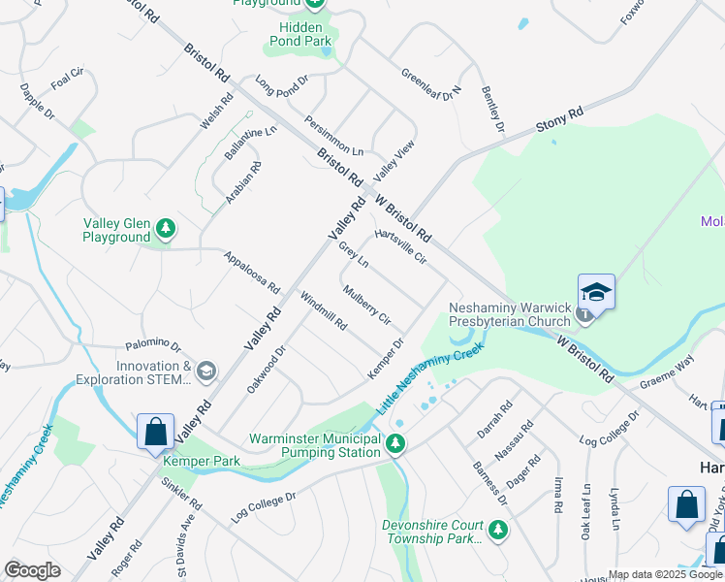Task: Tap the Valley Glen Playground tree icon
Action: click(167, 228)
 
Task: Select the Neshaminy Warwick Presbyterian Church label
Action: click(510, 315)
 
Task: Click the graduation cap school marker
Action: click(596, 292)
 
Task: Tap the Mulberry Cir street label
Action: click(366, 305)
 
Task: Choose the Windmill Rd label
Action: click(324, 310)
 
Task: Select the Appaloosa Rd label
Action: click(252, 274)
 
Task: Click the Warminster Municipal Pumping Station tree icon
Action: click(395, 444)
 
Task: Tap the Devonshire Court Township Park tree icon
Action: click(498, 530)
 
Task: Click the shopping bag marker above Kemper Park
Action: click(155, 433)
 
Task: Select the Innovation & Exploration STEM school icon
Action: click(205, 371)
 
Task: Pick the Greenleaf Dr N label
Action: click(431, 86)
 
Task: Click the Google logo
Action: click(32, 570)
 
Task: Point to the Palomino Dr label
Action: click(153, 345)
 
